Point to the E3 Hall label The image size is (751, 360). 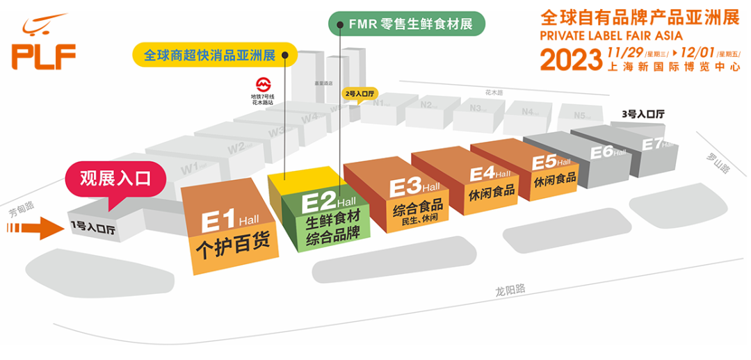(x=414, y=188)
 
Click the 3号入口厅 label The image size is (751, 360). (x=643, y=113)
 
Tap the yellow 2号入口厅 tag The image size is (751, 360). (x=360, y=93)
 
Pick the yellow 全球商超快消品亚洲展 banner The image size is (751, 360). (x=215, y=55)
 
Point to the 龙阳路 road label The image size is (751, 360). (x=511, y=289)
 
